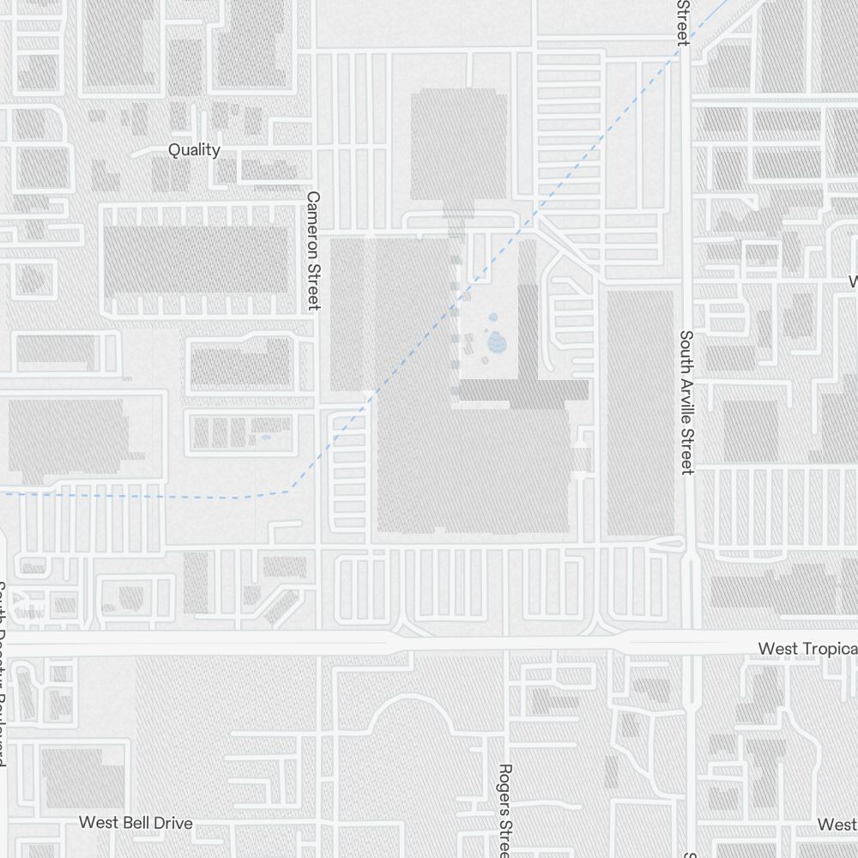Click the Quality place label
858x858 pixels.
click(194, 150)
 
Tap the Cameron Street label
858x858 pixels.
click(313, 250)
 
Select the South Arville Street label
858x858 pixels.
click(686, 402)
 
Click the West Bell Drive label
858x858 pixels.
click(136, 823)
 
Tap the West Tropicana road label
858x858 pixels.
click(807, 648)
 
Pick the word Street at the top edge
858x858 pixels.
click(684, 22)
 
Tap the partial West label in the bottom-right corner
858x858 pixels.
click(837, 825)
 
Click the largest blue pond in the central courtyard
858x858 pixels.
click(498, 343)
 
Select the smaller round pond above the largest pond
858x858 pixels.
click(494, 317)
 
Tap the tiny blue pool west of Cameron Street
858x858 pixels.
click(265, 438)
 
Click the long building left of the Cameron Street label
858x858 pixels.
click(196, 258)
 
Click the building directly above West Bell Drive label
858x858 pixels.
click(84, 778)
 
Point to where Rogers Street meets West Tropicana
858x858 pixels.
click(507, 643)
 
